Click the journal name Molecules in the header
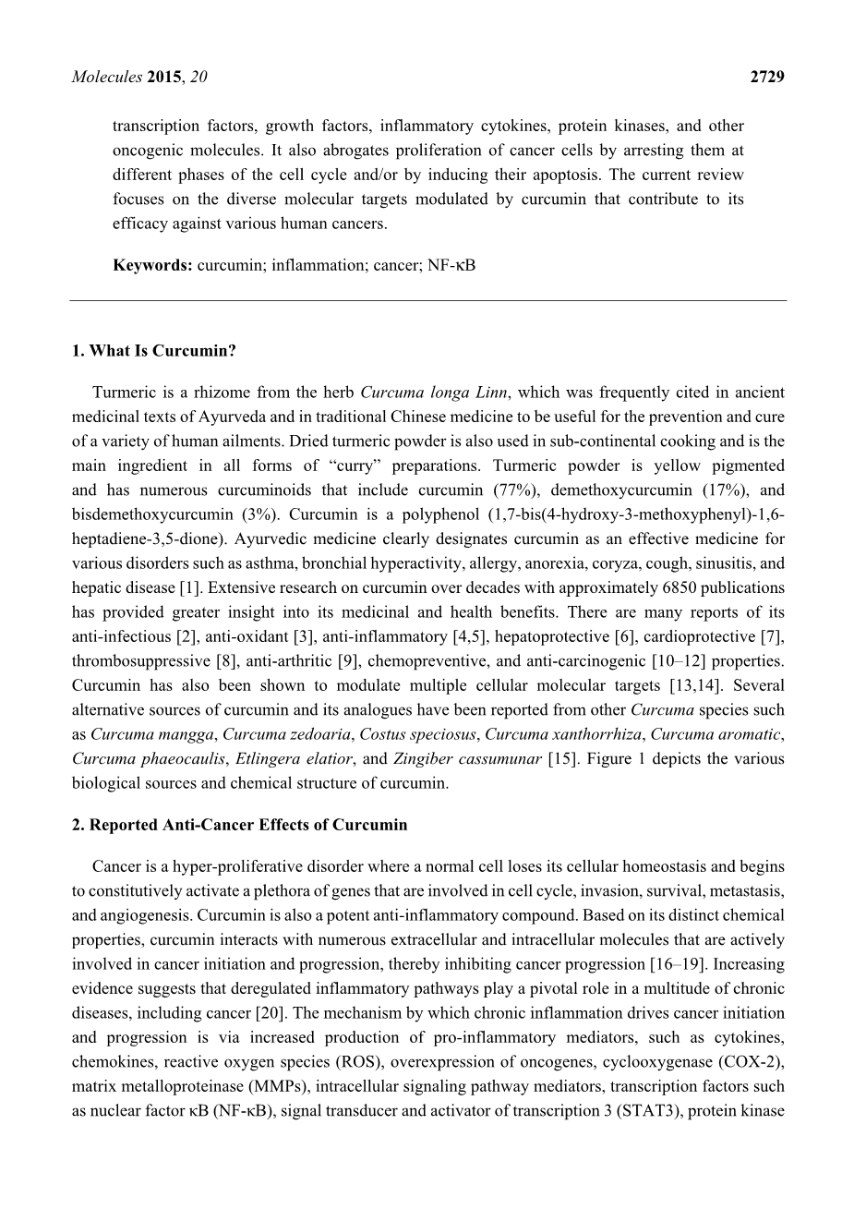pos(106,78)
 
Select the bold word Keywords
pos(152,265)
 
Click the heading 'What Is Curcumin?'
pos(153,351)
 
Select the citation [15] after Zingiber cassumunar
pos(559,758)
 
